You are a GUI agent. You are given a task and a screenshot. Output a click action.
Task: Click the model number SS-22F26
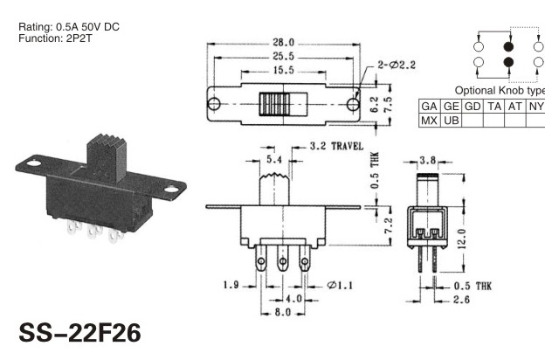[x=80, y=333]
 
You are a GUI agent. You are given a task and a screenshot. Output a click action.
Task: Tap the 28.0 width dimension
[x=283, y=43]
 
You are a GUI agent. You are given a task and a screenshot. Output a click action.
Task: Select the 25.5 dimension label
[x=283, y=56]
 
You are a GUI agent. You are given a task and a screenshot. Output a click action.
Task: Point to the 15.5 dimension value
[x=283, y=70]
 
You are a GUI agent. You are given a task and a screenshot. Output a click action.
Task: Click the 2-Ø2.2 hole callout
[x=397, y=65]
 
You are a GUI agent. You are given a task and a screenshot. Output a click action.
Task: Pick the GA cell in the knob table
[x=429, y=106]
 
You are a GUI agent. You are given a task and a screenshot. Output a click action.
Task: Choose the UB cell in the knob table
[x=452, y=121]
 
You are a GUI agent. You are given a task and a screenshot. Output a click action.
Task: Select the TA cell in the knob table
[x=494, y=106]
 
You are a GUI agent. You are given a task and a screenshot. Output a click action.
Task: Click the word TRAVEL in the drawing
[x=347, y=146]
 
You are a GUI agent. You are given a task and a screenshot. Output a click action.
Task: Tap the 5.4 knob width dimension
[x=274, y=159]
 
